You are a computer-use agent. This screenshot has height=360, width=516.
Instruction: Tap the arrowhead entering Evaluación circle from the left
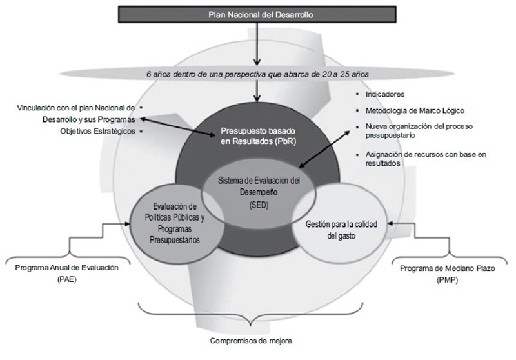tap(130, 223)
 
